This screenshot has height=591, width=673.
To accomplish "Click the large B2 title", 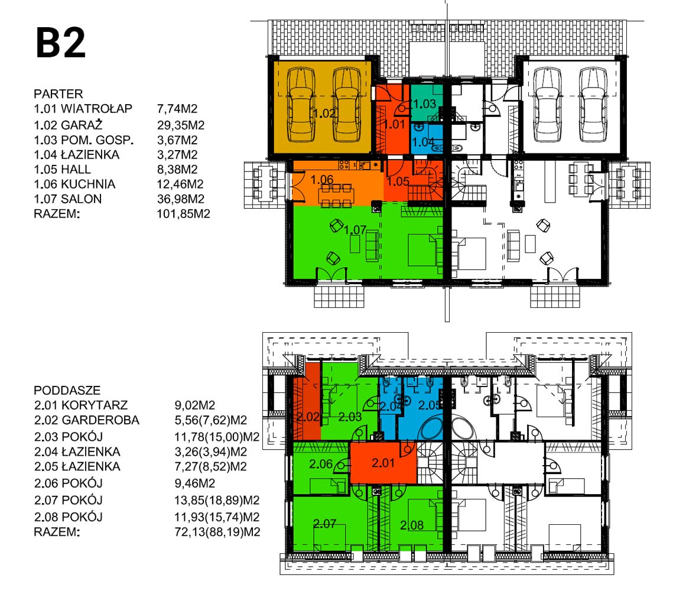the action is coord(60,43).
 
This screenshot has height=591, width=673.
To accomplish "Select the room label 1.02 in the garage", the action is coord(324,113).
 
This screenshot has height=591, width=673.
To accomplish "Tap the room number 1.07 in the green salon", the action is coord(355,230).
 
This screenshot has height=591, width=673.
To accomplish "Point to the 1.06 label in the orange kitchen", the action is coord(322,179).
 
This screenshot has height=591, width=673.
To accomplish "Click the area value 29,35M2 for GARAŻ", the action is coord(181,125).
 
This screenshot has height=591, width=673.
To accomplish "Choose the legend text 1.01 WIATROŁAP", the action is coord(83,109).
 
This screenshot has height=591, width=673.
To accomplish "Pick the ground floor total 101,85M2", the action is coord(184,214).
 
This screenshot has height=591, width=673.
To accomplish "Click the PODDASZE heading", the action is coord(67,390).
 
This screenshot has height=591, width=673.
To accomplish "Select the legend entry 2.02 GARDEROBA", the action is coord(87,420).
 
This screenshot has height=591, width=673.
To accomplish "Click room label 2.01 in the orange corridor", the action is coord(383,463).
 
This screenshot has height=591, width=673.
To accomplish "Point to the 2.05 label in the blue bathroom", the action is coord(429,405).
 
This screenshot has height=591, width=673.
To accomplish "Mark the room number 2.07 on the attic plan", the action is coord(324,524).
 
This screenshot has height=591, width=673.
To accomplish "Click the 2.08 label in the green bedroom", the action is coord(412,525).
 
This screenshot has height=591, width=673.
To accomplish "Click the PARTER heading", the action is coord(58,94).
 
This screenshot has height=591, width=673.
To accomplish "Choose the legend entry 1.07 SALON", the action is coord(68,199).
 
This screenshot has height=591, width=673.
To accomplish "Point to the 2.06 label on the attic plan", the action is coord(321,464).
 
